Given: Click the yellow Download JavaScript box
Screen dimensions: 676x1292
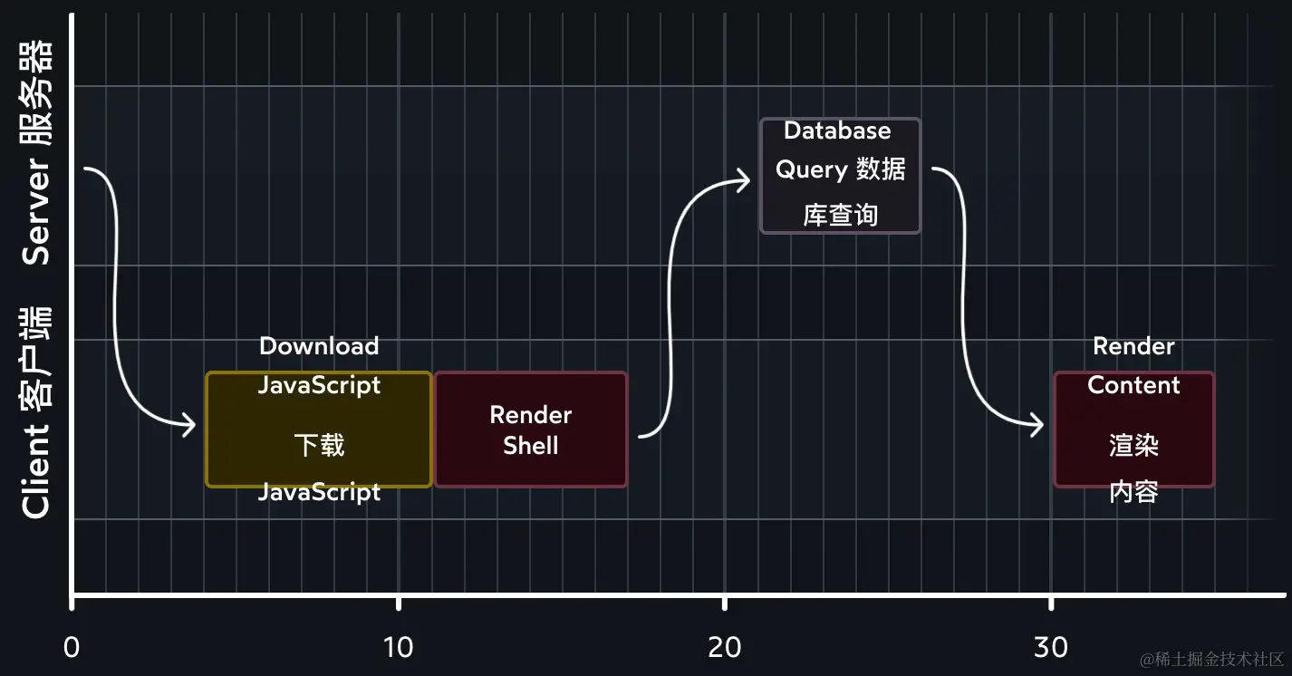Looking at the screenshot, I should tap(319, 429).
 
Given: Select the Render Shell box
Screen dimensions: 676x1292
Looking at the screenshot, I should tap(531, 430).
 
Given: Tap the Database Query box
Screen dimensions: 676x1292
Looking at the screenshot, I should tap(840, 176).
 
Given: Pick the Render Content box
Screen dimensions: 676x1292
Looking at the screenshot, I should tap(1133, 429).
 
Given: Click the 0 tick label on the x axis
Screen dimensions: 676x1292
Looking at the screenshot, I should tap(72, 647).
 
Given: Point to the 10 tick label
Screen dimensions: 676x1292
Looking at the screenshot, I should tap(398, 647).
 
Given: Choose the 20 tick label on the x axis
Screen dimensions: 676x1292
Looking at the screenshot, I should tap(724, 647).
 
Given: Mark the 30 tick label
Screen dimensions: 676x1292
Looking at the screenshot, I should tap(1050, 647).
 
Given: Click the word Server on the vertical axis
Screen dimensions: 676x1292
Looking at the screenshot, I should tap(36, 211).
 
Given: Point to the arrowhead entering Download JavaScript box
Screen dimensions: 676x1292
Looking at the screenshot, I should tap(188, 424).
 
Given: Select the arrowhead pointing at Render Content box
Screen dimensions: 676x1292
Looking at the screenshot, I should tap(1036, 424).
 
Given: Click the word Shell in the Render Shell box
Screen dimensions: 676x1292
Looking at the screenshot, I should tap(531, 446).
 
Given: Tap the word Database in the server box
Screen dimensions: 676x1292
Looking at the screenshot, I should tap(837, 130).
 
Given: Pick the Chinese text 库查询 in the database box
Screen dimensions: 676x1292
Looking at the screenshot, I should tap(840, 215).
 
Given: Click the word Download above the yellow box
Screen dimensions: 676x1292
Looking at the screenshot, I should tap(319, 346).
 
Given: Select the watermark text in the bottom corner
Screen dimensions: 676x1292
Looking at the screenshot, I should tap(1212, 659).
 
